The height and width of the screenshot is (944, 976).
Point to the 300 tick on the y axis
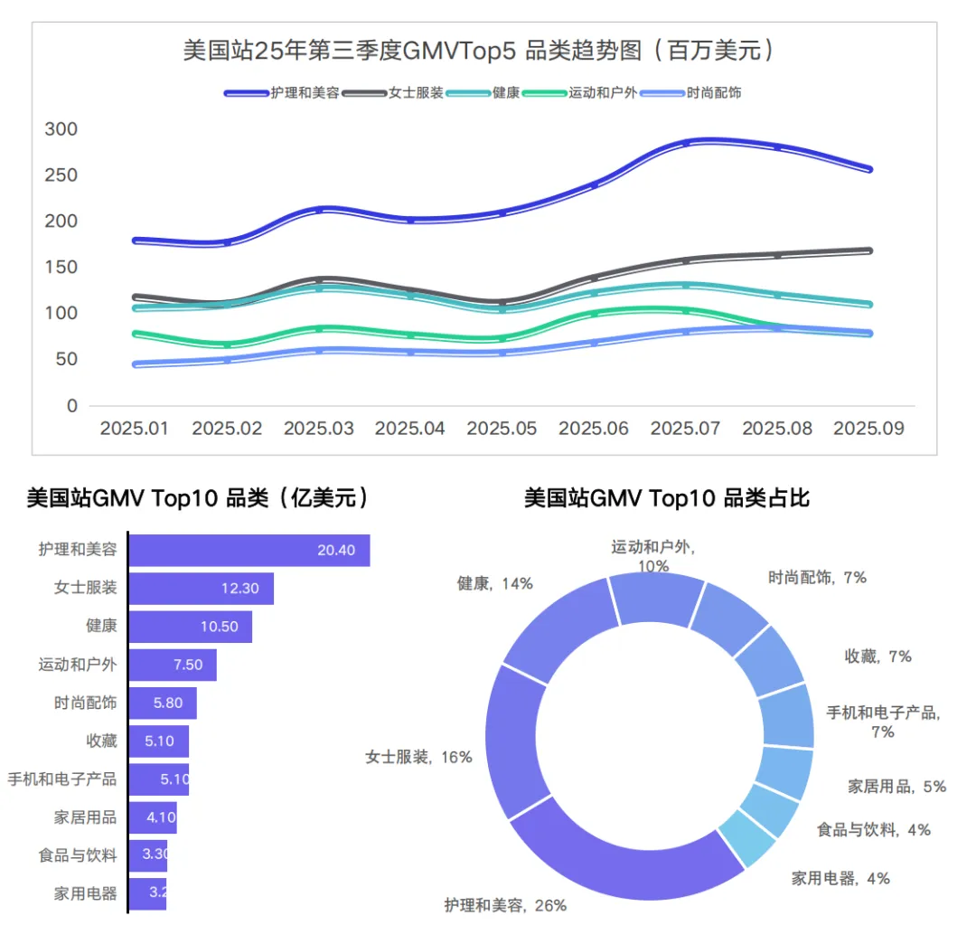point(61,129)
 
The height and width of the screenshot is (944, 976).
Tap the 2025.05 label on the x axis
point(502,428)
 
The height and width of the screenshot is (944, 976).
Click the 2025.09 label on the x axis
point(868,428)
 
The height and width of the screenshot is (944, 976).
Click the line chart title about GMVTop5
point(478,51)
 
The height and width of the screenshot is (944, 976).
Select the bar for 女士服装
point(201,588)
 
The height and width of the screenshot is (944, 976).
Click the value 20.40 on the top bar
point(336,550)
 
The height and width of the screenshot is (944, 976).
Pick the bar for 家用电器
point(148,893)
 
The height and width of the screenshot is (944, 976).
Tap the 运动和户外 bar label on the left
point(78,665)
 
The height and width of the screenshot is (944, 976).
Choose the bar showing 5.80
point(163,703)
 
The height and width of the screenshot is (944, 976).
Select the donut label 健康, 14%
point(495,584)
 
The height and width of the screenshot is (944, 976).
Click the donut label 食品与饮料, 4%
point(873,829)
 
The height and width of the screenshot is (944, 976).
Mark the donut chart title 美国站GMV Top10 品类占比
point(666,497)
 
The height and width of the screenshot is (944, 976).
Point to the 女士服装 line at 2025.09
point(868,250)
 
